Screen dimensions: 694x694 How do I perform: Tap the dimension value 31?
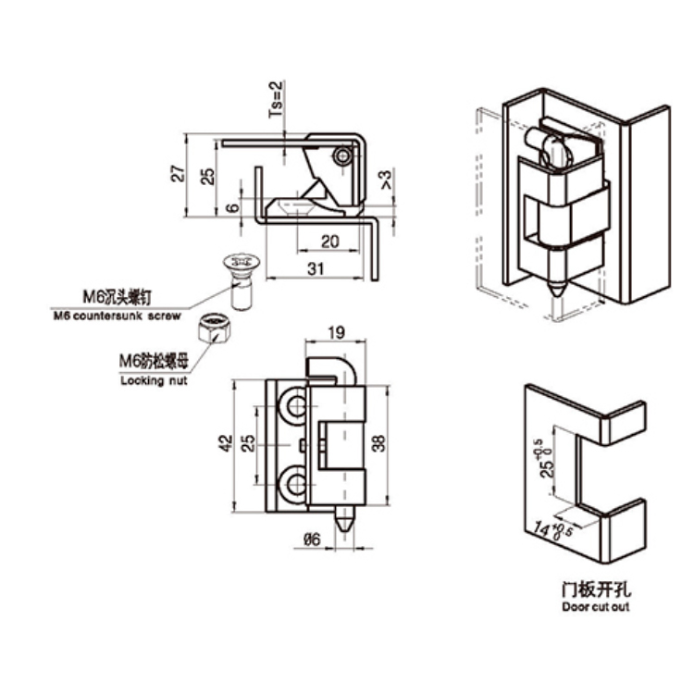(316, 268)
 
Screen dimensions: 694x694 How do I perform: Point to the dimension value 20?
(328, 241)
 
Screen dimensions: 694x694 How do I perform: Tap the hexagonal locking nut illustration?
(215, 327)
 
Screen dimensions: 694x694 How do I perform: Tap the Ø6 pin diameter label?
(313, 542)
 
